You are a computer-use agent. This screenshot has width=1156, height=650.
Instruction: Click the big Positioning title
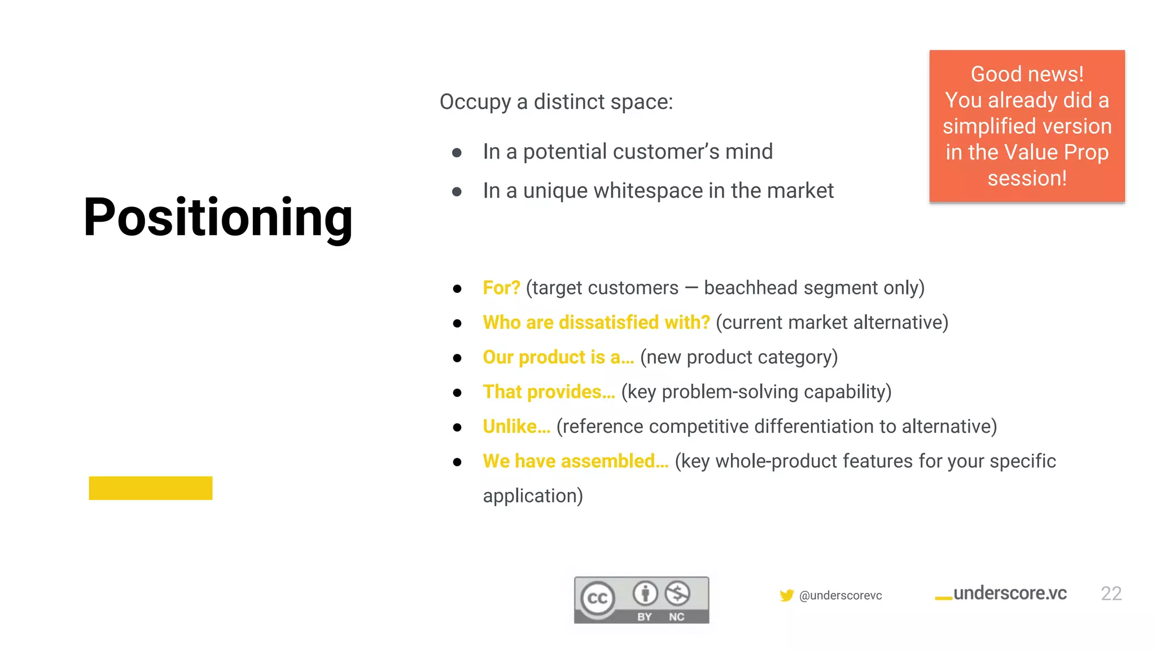218,218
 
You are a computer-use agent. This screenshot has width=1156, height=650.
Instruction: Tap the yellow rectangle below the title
150,488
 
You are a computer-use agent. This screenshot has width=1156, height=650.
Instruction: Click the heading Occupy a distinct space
556,102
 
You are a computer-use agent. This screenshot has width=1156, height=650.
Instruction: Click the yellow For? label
501,288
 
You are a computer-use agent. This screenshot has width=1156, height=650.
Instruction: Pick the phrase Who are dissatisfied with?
596,322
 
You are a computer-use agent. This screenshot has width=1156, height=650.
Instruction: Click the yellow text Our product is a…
558,357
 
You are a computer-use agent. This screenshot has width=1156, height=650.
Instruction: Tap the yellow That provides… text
549,392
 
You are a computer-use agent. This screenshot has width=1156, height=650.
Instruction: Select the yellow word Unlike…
516,427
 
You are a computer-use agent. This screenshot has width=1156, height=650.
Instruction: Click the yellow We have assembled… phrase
575,461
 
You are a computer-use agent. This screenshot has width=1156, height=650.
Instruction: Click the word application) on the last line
532,496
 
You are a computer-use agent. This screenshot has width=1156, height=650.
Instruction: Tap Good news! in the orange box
1027,74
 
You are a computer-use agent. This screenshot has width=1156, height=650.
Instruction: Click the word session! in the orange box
1027,178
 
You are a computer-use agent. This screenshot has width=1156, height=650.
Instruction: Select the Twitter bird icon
786,595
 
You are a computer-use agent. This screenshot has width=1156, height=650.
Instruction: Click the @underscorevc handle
840,596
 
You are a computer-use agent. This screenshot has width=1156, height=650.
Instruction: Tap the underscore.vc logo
1001,594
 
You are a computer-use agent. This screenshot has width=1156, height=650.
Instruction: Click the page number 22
1110,594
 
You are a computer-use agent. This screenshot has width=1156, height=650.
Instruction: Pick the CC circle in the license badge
598,598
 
